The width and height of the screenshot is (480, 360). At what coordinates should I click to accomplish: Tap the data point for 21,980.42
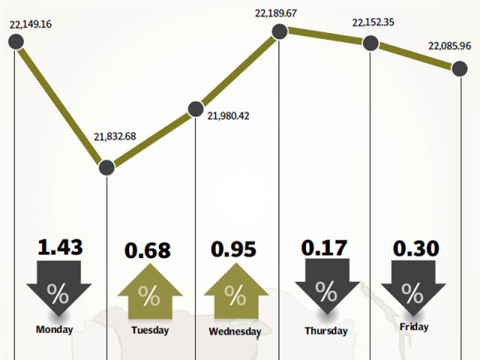click(195, 109)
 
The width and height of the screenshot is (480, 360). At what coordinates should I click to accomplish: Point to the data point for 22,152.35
click(370, 43)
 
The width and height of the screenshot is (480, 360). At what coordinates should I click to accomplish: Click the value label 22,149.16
click(31, 25)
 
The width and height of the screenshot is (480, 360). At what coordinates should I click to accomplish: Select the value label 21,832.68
click(115, 136)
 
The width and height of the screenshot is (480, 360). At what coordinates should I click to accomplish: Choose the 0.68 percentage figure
click(148, 250)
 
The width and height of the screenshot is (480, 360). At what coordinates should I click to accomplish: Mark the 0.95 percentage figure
click(235, 248)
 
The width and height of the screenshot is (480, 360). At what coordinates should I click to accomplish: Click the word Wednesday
click(235, 331)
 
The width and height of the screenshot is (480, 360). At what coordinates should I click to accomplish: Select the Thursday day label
click(325, 331)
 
